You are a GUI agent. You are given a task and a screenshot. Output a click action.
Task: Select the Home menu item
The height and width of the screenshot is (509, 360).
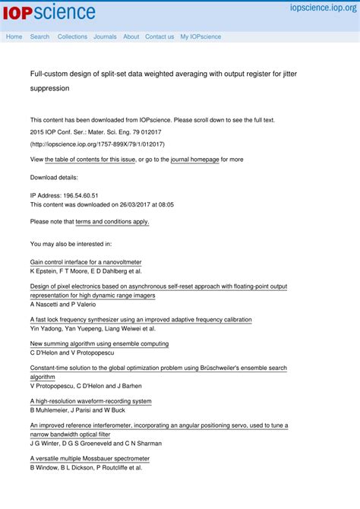[14, 36]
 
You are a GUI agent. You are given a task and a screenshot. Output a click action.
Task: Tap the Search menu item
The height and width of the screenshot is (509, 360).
[39, 36]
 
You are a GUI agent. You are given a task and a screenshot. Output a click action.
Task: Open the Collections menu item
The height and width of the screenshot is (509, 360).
[72, 36]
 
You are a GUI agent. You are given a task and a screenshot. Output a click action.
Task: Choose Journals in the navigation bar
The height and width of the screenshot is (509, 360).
[105, 36]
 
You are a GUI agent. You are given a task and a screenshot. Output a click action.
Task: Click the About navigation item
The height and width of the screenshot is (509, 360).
[131, 36]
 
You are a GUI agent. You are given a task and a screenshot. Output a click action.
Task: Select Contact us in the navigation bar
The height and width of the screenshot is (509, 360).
[159, 36]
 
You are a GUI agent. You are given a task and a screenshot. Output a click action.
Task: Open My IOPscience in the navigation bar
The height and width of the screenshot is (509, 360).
[201, 36]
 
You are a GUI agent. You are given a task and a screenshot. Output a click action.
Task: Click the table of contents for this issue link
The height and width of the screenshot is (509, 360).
[90, 160]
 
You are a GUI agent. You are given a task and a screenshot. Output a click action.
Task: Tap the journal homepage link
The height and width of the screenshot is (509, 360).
[194, 160]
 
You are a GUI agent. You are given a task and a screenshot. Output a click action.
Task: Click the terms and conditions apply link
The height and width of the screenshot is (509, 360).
[112, 222]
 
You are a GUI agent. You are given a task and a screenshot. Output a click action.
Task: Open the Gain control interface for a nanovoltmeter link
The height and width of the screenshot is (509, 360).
[86, 262]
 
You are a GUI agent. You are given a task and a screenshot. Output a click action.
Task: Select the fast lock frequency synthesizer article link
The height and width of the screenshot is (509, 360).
[141, 320]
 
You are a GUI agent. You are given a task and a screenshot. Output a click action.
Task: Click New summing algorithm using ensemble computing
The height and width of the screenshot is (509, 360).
[99, 343]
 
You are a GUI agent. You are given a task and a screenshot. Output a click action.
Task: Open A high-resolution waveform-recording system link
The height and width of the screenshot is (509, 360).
[91, 401]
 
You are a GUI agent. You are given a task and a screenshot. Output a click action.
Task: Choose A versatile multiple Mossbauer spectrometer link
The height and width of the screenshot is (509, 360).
[90, 459]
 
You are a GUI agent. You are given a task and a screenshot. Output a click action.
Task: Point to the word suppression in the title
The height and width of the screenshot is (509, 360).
[49, 88]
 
